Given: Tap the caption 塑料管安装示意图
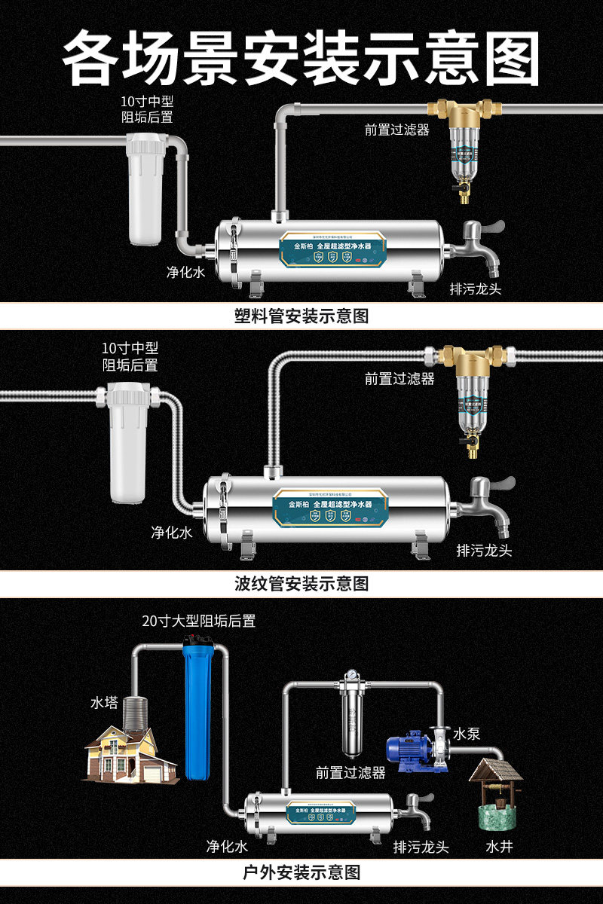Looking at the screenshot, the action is coord(301,316).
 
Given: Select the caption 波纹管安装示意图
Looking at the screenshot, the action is coord(301,583).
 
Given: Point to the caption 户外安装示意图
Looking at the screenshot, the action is coord(301,872).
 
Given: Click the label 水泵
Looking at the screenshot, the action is coord(466,734).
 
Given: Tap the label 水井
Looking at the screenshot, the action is coord(499,847).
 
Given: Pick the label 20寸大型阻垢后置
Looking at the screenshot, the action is coord(199,621).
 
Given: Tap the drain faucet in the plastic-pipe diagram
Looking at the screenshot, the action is coord(479,245).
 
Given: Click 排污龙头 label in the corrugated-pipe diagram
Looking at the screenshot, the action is coord(484,551).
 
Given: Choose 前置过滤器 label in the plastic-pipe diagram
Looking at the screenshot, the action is coord(397,130).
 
